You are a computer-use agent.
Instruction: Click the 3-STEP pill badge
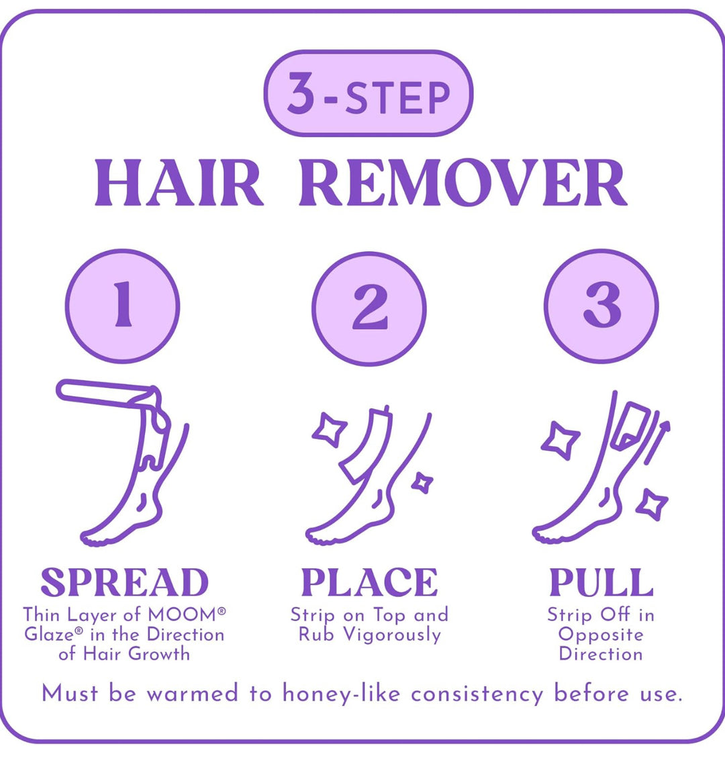tap(369, 93)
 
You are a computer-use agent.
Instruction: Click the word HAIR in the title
tap(179, 183)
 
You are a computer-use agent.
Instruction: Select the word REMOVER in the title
tap(463, 183)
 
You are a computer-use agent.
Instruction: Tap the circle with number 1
tap(122, 306)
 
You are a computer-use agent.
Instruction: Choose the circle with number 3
tap(601, 306)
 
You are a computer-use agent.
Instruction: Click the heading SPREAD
tap(124, 582)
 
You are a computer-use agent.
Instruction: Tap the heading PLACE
tap(369, 582)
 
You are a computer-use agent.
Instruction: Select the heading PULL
tap(601, 582)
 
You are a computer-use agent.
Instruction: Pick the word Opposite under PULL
tap(601, 635)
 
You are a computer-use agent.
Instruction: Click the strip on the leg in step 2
tap(365, 444)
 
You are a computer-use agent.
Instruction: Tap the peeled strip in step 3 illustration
tap(632, 424)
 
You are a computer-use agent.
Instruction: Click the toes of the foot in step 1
tap(95, 539)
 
